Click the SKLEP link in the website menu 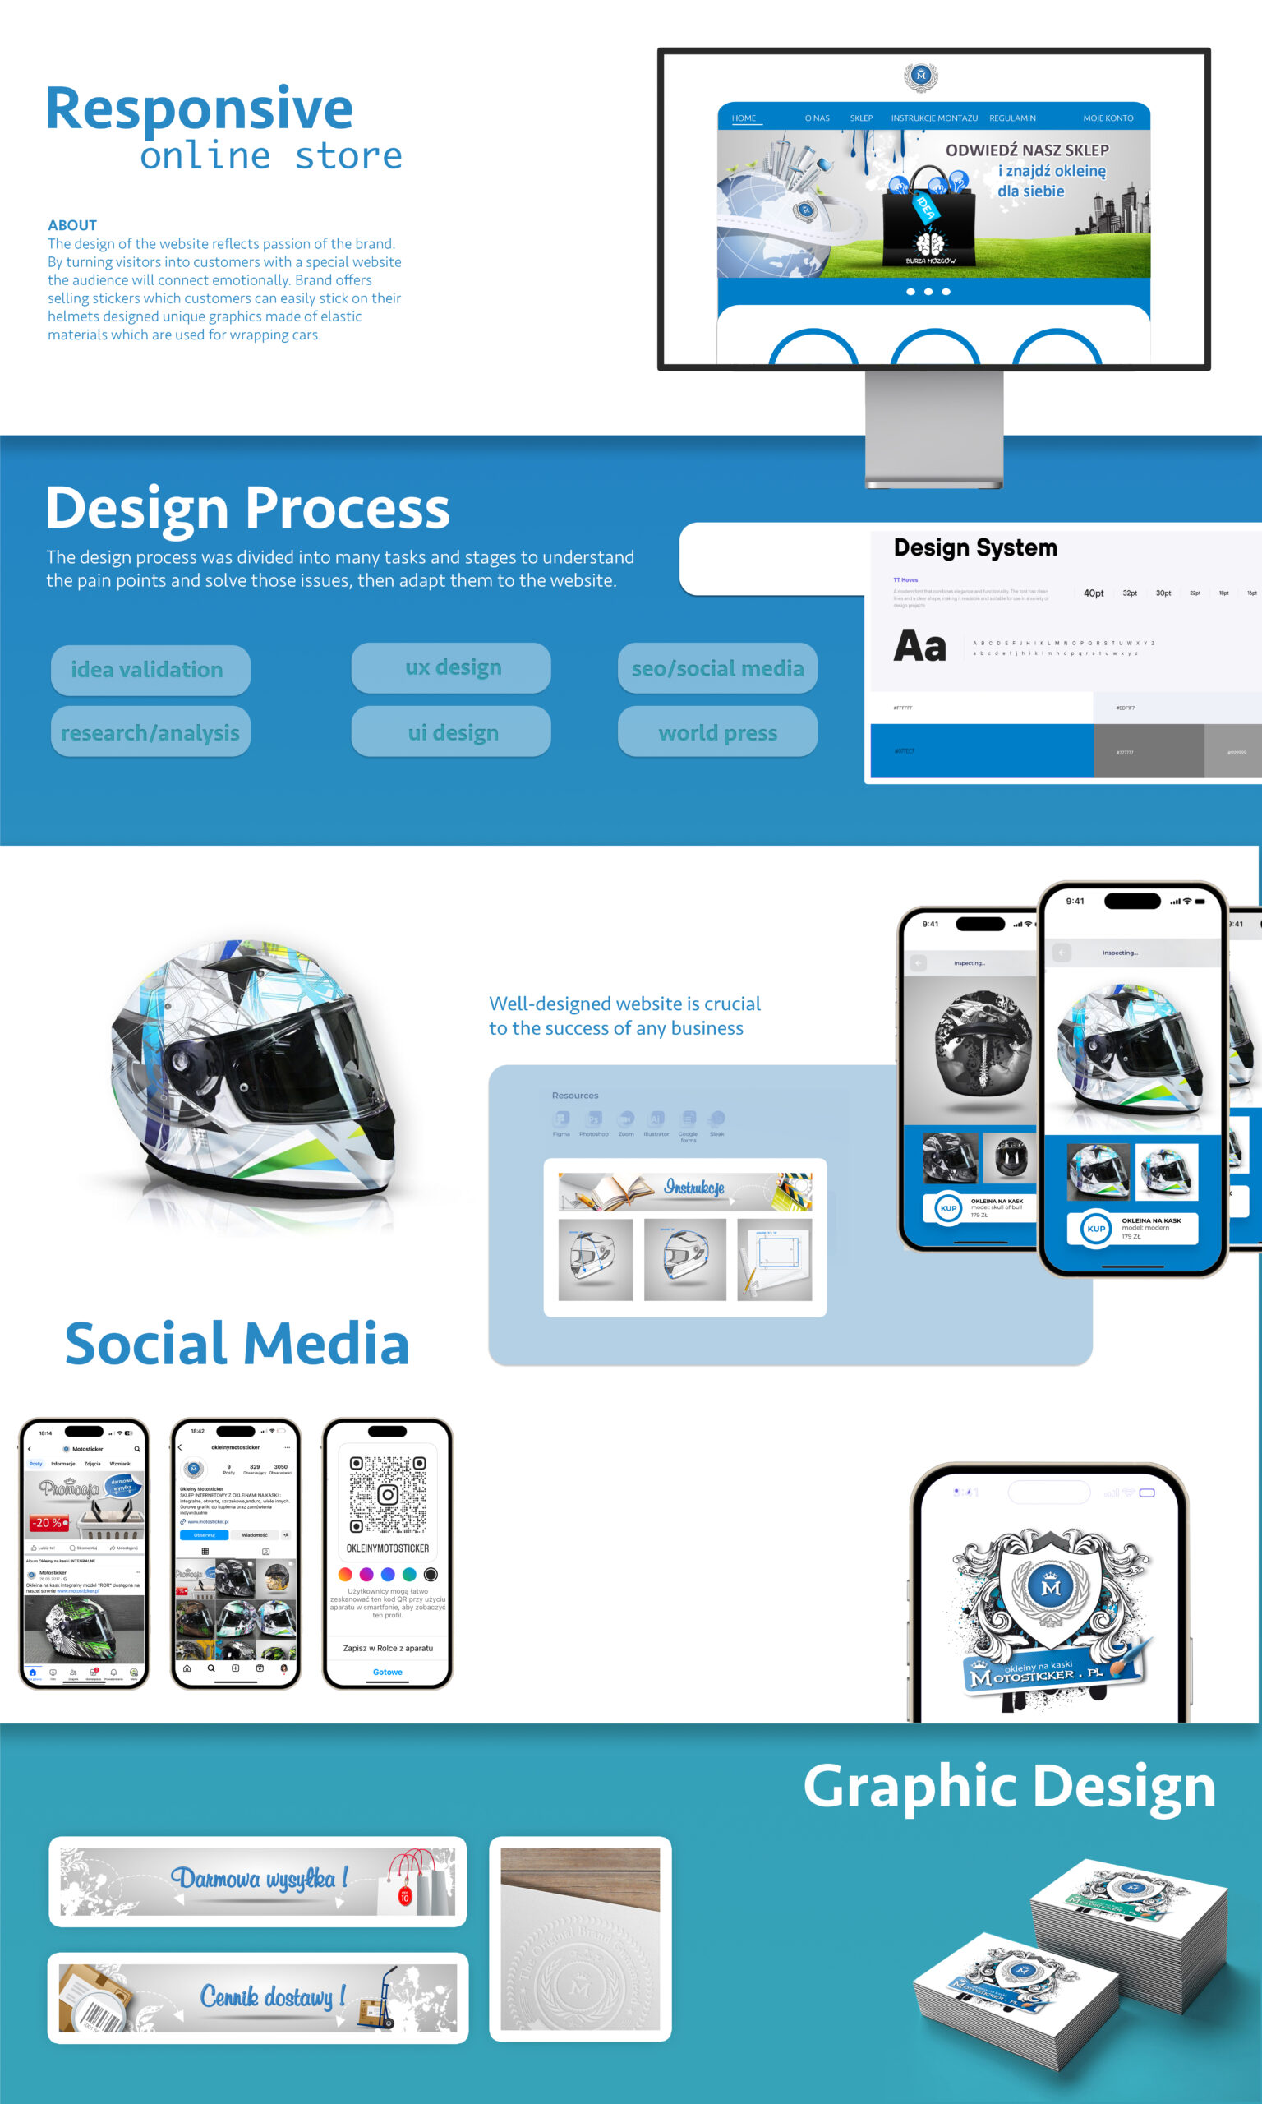[x=860, y=118]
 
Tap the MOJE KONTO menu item [x=1108, y=118]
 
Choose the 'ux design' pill [x=452, y=667]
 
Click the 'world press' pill [x=717, y=732]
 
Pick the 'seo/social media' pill [x=717, y=668]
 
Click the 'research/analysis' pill [x=150, y=732]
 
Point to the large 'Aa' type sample [x=919, y=645]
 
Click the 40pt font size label [x=1093, y=593]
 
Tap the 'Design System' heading [x=974, y=547]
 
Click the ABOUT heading [x=72, y=225]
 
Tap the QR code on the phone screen [x=388, y=1494]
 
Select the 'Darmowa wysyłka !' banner [x=258, y=1880]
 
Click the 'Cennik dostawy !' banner [x=258, y=1997]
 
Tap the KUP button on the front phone [x=1095, y=1228]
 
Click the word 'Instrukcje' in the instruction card [x=694, y=1188]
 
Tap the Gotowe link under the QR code [x=388, y=1672]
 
